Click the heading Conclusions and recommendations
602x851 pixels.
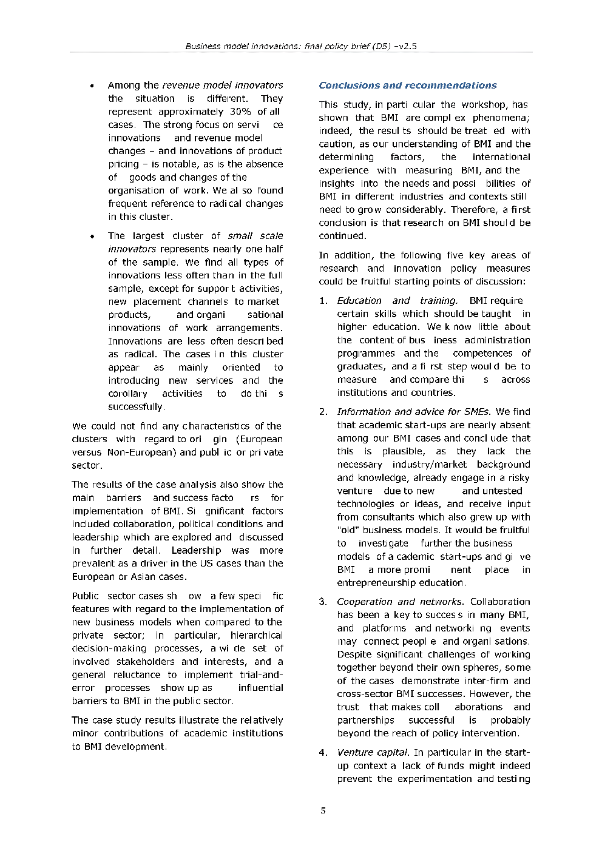[x=407, y=86]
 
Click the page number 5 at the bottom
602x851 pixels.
[x=323, y=810]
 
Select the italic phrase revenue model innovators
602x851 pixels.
[x=222, y=86]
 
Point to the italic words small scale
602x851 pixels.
[x=255, y=236]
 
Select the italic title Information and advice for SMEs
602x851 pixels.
[x=414, y=412]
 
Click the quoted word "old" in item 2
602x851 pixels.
[x=347, y=530]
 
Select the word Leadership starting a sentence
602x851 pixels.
[x=196, y=551]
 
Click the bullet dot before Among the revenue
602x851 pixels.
[x=92, y=86]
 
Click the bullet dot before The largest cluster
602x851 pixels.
[x=92, y=237]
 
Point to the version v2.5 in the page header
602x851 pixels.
[x=407, y=46]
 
